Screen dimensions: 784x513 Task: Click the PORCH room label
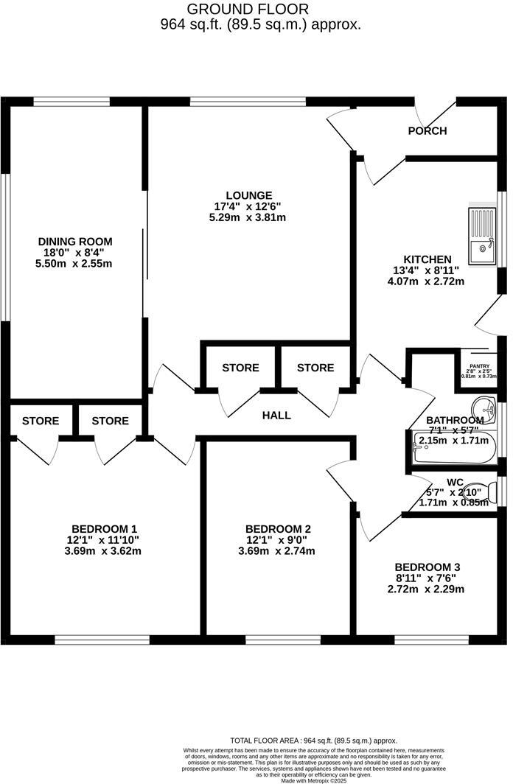pyautogui.click(x=427, y=131)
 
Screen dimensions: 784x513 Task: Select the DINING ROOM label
pyautogui.click(x=75, y=241)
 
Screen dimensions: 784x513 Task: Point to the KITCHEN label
pyautogui.click(x=422, y=259)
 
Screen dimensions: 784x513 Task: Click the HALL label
pyautogui.click(x=276, y=416)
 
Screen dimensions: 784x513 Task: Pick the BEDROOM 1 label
pyautogui.click(x=104, y=528)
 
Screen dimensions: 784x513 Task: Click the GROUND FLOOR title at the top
pyautogui.click(x=237, y=10)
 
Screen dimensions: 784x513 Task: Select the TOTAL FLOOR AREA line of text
pyautogui.click(x=314, y=741)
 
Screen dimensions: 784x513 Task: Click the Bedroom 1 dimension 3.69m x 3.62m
pyautogui.click(x=104, y=550)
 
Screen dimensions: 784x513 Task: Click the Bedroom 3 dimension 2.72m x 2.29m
pyautogui.click(x=426, y=589)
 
